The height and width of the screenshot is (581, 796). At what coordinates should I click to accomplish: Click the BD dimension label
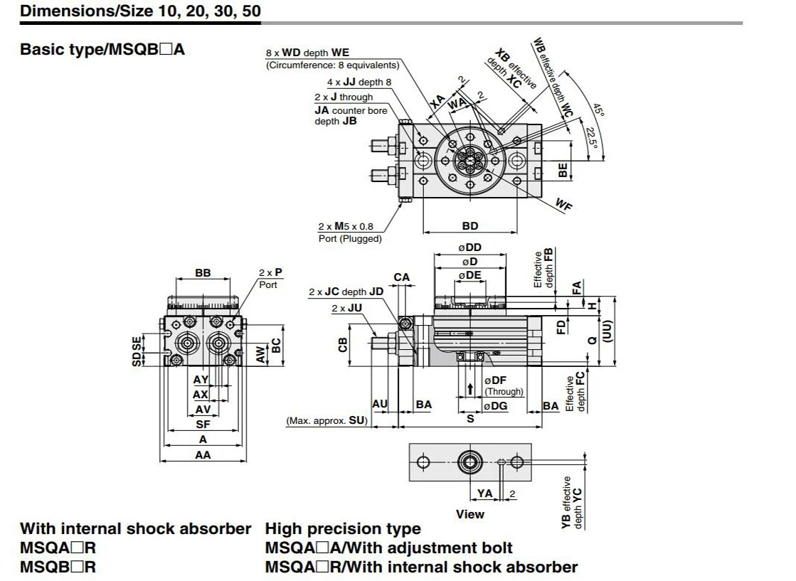[x=470, y=226]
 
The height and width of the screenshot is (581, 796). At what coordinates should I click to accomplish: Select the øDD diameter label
[x=469, y=247]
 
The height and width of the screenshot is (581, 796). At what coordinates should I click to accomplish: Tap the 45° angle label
[x=599, y=110]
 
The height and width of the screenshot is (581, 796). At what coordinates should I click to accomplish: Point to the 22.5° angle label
[x=592, y=137]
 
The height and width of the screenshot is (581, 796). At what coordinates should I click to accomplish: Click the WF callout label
[x=563, y=204]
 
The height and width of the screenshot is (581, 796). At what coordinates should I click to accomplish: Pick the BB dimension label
[x=203, y=273]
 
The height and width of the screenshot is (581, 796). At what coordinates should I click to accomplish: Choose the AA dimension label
[x=203, y=454]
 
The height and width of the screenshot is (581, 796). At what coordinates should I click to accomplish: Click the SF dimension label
[x=203, y=425]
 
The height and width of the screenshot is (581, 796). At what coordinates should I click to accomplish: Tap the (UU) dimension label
[x=607, y=331]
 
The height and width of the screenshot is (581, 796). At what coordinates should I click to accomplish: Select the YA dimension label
[x=485, y=494]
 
